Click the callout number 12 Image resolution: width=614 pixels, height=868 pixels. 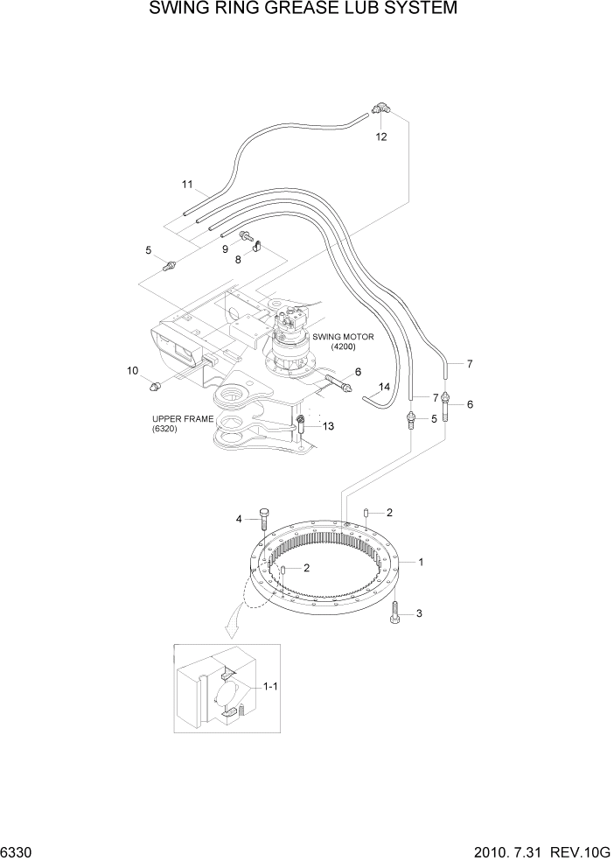[380, 136]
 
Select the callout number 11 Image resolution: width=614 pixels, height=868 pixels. [186, 184]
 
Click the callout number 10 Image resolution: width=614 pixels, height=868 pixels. [133, 371]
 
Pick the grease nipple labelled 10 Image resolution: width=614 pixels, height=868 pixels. [157, 385]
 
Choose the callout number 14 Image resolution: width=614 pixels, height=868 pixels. [383, 386]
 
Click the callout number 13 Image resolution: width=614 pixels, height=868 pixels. [328, 426]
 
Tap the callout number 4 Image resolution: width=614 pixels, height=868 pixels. [238, 520]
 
